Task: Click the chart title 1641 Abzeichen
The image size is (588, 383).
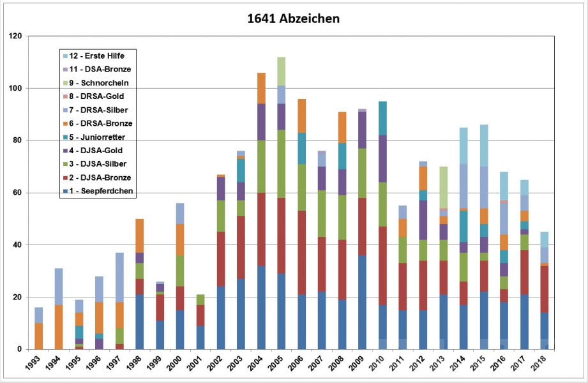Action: tap(293, 19)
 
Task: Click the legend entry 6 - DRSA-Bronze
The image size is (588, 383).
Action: tap(98, 123)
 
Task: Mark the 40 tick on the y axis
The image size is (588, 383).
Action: tap(17, 245)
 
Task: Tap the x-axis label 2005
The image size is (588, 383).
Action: tap(276, 363)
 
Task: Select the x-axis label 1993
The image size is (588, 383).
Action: tap(34, 363)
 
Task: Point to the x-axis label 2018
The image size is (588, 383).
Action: tap(539, 363)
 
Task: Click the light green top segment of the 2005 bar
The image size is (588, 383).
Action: tap(282, 71)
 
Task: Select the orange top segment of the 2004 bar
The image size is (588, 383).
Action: tap(261, 88)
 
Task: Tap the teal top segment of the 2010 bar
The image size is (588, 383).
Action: tap(382, 118)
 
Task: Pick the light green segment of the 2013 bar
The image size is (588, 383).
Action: tap(443, 187)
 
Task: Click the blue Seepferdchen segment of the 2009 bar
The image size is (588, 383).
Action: tap(362, 302)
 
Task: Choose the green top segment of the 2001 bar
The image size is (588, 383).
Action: tap(200, 300)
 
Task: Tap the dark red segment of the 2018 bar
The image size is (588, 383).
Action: tap(545, 289)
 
